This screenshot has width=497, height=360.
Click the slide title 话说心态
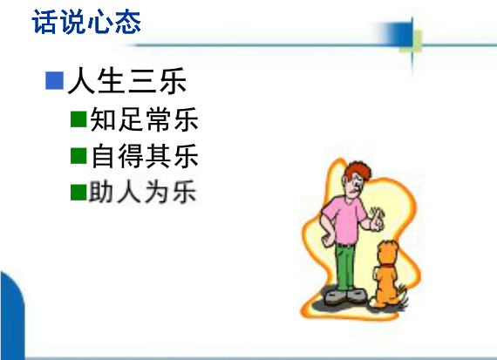tap(86, 22)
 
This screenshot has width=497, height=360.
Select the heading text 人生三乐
tap(126, 80)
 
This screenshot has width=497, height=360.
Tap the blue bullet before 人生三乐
tap(55, 80)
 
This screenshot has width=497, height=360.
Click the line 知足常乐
tap(144, 119)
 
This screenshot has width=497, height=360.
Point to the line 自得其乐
tap(145, 156)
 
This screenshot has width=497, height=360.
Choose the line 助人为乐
tap(143, 192)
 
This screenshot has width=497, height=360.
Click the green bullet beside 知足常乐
tap(78, 119)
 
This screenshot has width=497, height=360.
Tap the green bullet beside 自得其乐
tap(78, 156)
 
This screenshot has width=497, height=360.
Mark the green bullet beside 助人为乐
tap(78, 193)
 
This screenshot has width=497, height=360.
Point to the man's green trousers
tap(345, 267)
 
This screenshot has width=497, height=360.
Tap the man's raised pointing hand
tap(377, 219)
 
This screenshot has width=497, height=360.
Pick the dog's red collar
tap(388, 265)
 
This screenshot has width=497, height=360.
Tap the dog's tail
tap(403, 296)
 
